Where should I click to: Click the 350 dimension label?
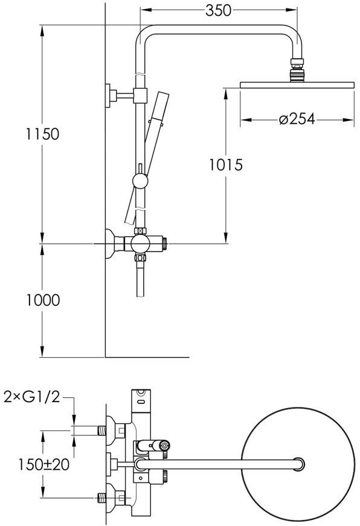pos(218,10)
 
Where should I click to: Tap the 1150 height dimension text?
pos(42,134)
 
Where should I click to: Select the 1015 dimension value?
pos(226,164)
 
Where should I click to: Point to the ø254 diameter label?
pos(297,119)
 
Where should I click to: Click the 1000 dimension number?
pos(43,300)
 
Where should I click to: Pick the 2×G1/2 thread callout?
pos(32,397)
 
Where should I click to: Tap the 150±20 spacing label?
pos(43,464)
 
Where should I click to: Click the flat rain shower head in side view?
pos(297,85)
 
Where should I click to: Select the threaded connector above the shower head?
pos(297,70)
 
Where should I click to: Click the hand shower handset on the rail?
pos(147,157)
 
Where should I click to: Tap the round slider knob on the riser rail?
pos(140,181)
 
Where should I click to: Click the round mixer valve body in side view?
pos(140,244)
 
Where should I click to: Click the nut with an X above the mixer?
pos(140,231)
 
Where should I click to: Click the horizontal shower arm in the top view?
pos(219,464)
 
